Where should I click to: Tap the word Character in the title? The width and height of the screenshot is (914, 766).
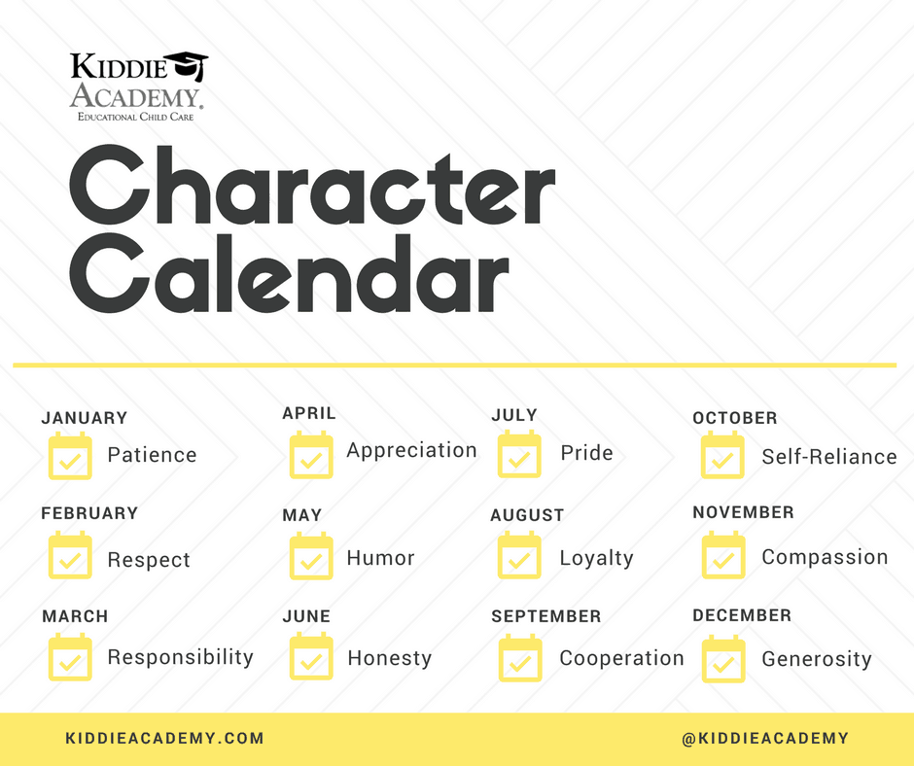pyautogui.click(x=312, y=186)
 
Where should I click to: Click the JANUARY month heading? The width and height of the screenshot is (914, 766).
pyautogui.click(x=84, y=418)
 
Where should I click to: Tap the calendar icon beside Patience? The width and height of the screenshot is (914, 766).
pyautogui.click(x=70, y=456)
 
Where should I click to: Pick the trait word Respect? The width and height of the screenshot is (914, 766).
pyautogui.click(x=149, y=560)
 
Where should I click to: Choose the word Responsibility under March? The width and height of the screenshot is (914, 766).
pyautogui.click(x=181, y=657)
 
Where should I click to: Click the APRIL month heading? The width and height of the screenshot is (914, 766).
pyautogui.click(x=309, y=413)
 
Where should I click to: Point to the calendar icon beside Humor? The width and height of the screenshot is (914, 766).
pyautogui.click(x=311, y=556)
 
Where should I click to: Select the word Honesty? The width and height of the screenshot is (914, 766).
pyautogui.click(x=389, y=658)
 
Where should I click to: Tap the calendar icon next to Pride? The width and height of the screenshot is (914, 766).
pyautogui.click(x=519, y=454)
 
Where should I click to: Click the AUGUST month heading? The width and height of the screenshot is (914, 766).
pyautogui.click(x=527, y=515)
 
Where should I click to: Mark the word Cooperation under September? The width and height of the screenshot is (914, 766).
pyautogui.click(x=621, y=658)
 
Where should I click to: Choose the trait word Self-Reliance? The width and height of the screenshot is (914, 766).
pyautogui.click(x=829, y=457)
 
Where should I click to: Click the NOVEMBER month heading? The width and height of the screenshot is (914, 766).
pyautogui.click(x=743, y=512)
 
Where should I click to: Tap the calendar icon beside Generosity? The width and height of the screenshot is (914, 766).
pyautogui.click(x=723, y=659)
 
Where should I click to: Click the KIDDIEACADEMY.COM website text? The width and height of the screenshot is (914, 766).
pyautogui.click(x=165, y=738)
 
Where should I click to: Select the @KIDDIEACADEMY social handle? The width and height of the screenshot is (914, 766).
pyautogui.click(x=765, y=738)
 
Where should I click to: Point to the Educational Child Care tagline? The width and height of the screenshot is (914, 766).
pyautogui.click(x=136, y=117)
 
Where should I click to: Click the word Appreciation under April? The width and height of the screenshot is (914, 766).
pyautogui.click(x=411, y=451)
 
